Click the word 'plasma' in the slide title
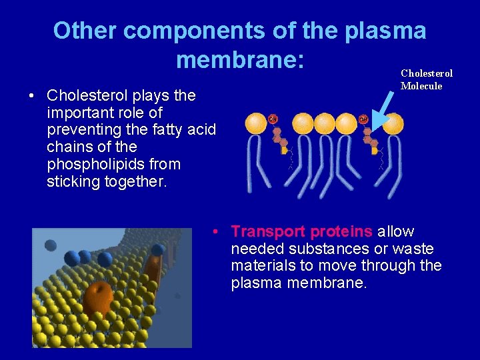click(x=385, y=31)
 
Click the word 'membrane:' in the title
click(x=240, y=60)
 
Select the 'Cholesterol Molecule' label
click(x=426, y=79)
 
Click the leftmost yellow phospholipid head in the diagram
click(x=257, y=123)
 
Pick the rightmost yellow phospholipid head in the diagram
click(x=392, y=123)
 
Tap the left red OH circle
click(x=273, y=119)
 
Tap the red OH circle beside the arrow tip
click(x=363, y=119)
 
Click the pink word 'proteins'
click(x=341, y=231)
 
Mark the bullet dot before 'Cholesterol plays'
click(x=32, y=95)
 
